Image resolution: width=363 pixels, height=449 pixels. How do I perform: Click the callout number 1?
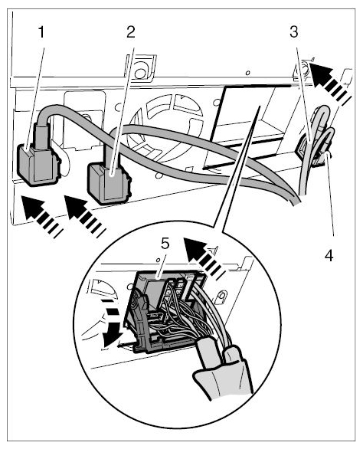click(42, 32)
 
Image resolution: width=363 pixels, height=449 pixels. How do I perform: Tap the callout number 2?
click(130, 32)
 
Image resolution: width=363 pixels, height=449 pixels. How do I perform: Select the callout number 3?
click(294, 32)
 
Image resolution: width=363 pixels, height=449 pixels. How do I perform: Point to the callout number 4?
click(329, 255)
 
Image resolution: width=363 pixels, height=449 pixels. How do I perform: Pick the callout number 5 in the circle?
click(165, 244)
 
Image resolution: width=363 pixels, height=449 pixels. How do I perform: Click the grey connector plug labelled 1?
click(38, 165)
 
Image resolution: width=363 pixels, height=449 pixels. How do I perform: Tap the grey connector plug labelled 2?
click(109, 182)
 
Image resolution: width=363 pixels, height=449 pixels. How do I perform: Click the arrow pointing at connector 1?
click(41, 216)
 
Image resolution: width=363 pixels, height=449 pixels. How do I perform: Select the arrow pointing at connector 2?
click(84, 216)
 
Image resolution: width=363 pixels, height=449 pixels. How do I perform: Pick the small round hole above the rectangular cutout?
click(248, 73)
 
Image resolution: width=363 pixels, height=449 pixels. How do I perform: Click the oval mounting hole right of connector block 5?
click(221, 297)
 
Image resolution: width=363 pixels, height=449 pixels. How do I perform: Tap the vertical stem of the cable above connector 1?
click(42, 136)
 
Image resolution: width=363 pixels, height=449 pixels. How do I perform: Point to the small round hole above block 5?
click(158, 260)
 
